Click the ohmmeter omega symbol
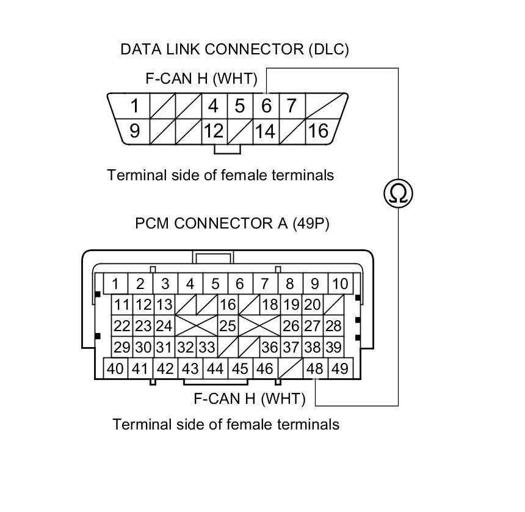(398, 193)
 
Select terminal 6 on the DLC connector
(266, 106)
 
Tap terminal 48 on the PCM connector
(315, 368)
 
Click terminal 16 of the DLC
(319, 131)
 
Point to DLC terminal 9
(134, 131)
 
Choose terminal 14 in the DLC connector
(266, 131)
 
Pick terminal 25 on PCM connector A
(228, 326)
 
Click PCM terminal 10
(340, 284)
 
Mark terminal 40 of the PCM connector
(115, 368)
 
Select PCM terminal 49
(340, 368)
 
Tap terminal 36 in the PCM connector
(270, 347)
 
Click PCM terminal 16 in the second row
(228, 305)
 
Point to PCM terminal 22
(122, 326)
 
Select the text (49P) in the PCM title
(311, 224)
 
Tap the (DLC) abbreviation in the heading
(329, 49)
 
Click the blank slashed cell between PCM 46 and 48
(291, 368)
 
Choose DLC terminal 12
(214, 131)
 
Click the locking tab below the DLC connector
(227, 149)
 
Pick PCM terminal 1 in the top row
(115, 284)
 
